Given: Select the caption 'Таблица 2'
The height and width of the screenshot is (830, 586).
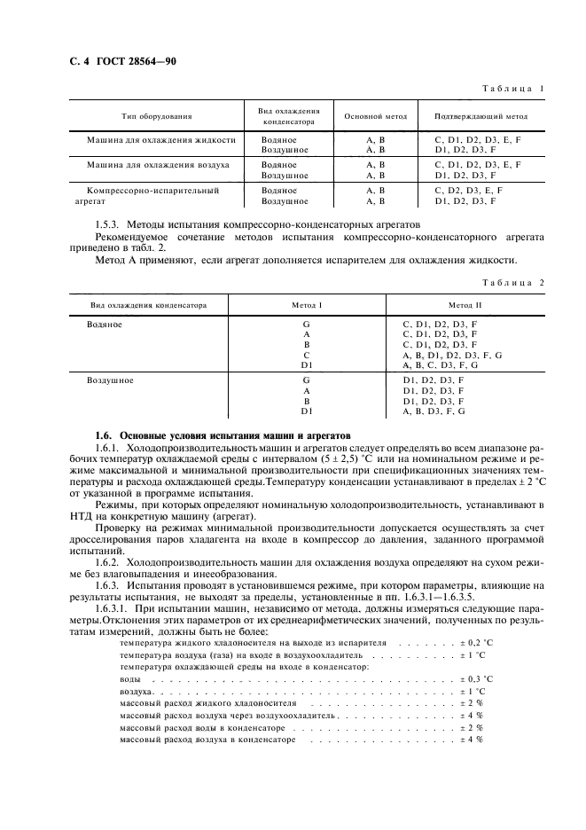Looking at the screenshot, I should pyautogui.click(x=512, y=283).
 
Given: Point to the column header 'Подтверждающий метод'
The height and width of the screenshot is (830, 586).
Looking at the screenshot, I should pyautogui.click(x=481, y=116).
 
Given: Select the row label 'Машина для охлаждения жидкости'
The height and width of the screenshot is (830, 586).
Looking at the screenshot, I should pyautogui.click(x=160, y=140).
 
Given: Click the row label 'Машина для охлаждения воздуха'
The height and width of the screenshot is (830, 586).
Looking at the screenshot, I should pyautogui.click(x=158, y=165).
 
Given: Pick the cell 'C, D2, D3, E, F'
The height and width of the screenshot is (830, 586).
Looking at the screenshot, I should pyautogui.click(x=468, y=190).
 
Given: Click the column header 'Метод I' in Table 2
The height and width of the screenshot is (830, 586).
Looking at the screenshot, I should pyautogui.click(x=307, y=305).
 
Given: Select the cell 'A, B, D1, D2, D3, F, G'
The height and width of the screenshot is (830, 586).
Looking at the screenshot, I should pyautogui.click(x=452, y=354).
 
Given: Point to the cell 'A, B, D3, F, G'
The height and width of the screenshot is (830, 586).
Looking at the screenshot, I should pyautogui.click(x=434, y=411).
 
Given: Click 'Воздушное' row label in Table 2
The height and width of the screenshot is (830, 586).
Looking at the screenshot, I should pyautogui.click(x=110, y=380).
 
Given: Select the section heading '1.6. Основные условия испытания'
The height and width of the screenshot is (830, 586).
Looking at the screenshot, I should pyautogui.click(x=223, y=436).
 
